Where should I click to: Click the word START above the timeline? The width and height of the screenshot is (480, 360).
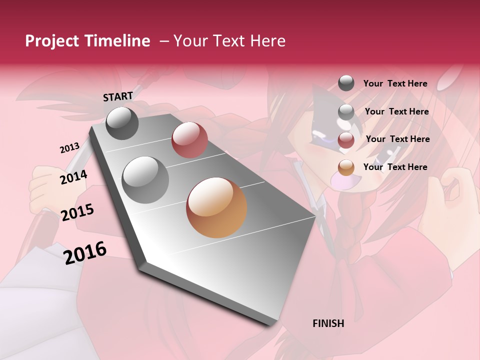118,96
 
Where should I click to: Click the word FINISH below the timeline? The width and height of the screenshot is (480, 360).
328,323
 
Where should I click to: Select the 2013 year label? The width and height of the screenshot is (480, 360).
69,148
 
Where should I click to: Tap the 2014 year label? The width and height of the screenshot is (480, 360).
73,177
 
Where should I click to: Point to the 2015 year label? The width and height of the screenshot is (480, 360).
77,212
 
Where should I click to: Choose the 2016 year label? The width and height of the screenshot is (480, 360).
85,253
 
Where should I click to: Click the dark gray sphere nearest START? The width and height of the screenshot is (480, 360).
122,123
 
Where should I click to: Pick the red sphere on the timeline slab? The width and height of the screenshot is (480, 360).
189,140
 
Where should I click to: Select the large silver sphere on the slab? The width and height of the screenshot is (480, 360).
145,179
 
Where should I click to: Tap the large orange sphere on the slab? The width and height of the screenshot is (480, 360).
216,207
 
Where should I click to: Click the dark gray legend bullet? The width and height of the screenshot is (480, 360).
346,83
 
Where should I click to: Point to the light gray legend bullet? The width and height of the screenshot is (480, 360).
346,112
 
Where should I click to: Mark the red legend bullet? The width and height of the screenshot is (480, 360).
346,140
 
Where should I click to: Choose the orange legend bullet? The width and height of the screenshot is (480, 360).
346,167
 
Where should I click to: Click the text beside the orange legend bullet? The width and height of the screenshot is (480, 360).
395,167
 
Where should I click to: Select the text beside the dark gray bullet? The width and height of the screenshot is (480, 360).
395,83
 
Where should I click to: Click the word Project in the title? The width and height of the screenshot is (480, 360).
52,41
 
